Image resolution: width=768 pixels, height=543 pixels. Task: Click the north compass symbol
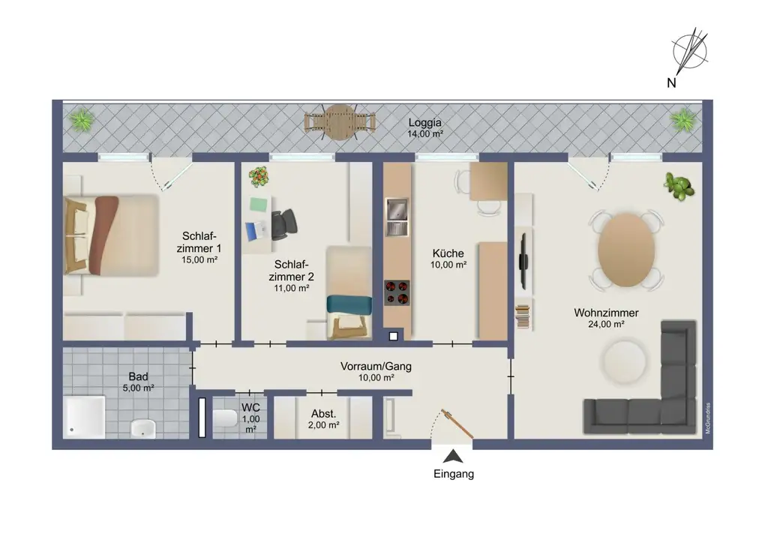click(690, 52)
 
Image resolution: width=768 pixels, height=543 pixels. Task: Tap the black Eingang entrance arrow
click(453, 456)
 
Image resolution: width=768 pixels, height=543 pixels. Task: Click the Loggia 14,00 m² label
click(425, 127)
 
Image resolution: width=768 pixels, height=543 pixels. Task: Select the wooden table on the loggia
click(340, 121)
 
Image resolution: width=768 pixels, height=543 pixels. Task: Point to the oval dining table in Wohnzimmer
click(626, 250)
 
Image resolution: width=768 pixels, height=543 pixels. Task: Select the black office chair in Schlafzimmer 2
click(284, 224)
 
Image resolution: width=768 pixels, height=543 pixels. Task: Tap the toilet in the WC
click(224, 418)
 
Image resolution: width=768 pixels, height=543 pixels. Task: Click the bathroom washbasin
click(143, 427)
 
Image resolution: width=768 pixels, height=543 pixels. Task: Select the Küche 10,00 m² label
click(448, 259)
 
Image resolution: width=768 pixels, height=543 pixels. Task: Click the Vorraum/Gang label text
click(376, 367)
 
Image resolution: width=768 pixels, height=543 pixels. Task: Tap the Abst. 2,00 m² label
click(322, 418)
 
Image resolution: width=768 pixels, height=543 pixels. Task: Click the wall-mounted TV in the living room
click(523, 251)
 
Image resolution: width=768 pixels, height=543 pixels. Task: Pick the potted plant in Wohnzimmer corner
click(679, 186)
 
